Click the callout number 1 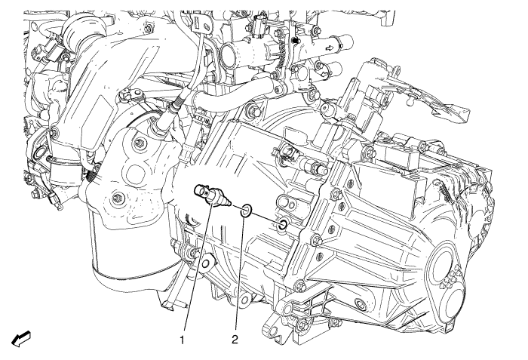[183, 340]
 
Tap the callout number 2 [235, 340]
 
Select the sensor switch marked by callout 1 [212, 196]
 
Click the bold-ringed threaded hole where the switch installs [283, 224]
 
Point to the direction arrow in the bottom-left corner [21, 338]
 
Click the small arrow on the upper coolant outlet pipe [330, 48]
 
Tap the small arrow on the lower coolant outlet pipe [324, 72]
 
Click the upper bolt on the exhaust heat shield [138, 143]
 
